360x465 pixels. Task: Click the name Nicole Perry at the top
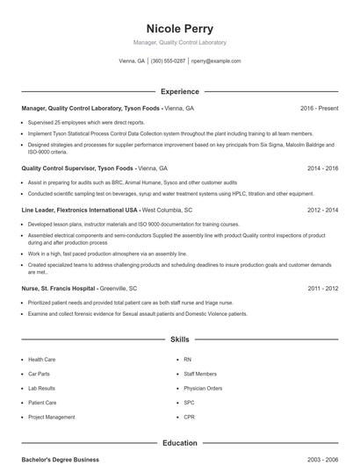pyautogui.click(x=179, y=28)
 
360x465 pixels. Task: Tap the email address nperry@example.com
pyautogui.click(x=216, y=61)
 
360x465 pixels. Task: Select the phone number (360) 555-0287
pyautogui.click(x=168, y=61)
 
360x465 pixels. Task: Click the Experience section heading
pyautogui.click(x=179, y=91)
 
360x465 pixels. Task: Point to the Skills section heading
pyautogui.click(x=179, y=339)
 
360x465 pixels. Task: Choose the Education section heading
pyautogui.click(x=179, y=443)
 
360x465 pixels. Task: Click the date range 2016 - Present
pyautogui.click(x=319, y=108)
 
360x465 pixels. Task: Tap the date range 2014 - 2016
pyautogui.click(x=322, y=168)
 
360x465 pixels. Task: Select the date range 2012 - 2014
pyautogui.click(x=322, y=211)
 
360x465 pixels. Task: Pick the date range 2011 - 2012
pyautogui.click(x=322, y=288)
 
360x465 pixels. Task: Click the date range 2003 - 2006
pyautogui.click(x=322, y=460)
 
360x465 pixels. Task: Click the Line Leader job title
pyautogui.click(x=79, y=211)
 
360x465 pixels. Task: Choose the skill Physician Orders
pyautogui.click(x=203, y=388)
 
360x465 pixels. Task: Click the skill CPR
pyautogui.click(x=189, y=417)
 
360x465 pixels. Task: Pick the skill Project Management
pyautogui.click(x=51, y=417)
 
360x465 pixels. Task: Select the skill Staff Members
pyautogui.click(x=200, y=374)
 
